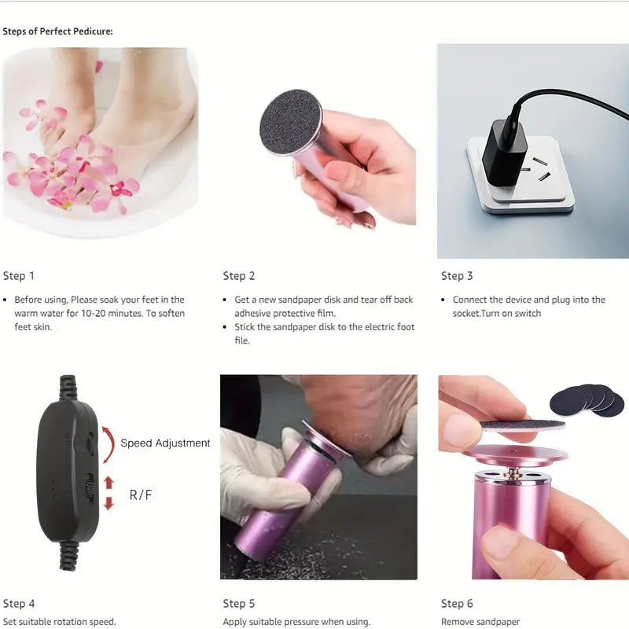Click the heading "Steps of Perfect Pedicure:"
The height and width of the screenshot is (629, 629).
[57, 31]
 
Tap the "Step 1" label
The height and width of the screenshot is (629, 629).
[18, 276]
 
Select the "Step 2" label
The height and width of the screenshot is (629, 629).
[239, 276]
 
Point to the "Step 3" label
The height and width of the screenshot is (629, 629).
[457, 276]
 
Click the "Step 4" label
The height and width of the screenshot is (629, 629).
[19, 604]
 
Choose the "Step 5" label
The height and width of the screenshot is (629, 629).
[239, 604]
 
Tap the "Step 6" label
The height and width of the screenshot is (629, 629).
[457, 604]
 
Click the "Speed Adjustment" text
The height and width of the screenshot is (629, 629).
[165, 443]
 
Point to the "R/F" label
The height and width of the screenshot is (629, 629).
[141, 495]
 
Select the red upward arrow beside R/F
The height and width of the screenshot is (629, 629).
[109, 483]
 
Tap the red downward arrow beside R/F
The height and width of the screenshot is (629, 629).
[109, 503]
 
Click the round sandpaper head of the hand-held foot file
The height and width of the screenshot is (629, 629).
[290, 123]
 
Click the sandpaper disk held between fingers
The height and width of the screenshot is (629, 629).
[522, 425]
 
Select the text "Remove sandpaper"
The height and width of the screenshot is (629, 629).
[480, 622]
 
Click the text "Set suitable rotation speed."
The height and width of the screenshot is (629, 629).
[60, 622]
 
